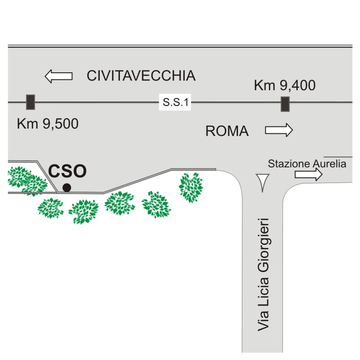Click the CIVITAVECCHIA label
click(x=141, y=76)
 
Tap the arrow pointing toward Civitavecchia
click(x=58, y=76)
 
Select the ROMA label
click(x=227, y=131)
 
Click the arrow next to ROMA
click(x=279, y=130)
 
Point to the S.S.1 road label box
click(x=175, y=102)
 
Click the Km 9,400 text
click(x=285, y=85)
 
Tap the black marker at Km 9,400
click(x=285, y=104)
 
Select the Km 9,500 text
click(x=48, y=124)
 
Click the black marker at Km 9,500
click(x=31, y=102)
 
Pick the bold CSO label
click(x=67, y=171)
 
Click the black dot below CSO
click(x=67, y=187)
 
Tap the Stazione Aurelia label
click(x=307, y=164)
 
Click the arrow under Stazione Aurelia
click(x=309, y=174)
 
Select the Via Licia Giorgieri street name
click(x=263, y=275)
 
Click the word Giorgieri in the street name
click(x=263, y=245)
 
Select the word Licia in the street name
click(x=263, y=292)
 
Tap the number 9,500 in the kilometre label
click(x=61, y=124)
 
